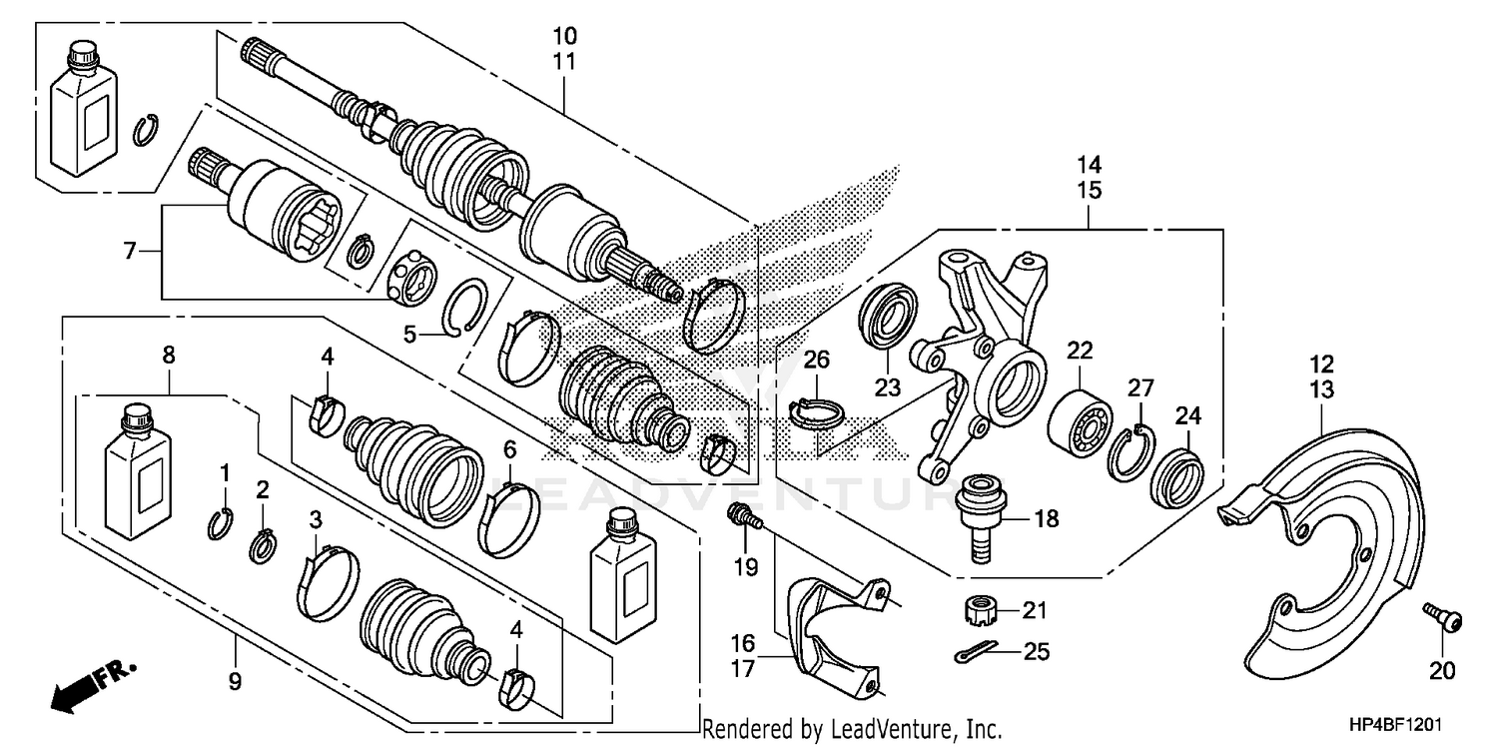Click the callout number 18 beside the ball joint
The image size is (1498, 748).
pyautogui.click(x=1047, y=519)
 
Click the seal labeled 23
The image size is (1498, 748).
pyautogui.click(x=886, y=319)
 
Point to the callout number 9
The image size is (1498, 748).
pyautogui.click(x=236, y=683)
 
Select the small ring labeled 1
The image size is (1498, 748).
pyautogui.click(x=222, y=522)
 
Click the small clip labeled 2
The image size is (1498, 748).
pyautogui.click(x=262, y=547)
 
